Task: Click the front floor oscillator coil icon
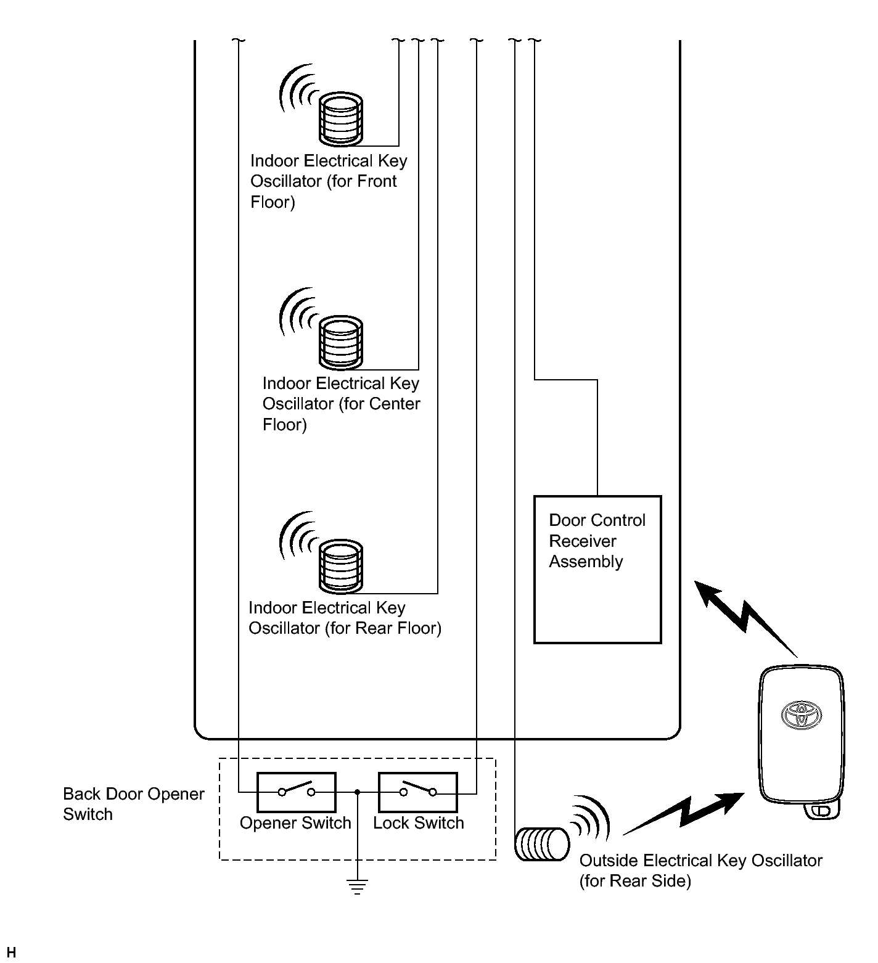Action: (x=340, y=118)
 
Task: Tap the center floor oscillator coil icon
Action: (x=341, y=342)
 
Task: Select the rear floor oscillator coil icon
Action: (x=341, y=565)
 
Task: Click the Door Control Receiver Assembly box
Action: (x=597, y=570)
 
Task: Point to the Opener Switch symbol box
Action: (x=296, y=792)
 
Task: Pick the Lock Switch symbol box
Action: (x=417, y=792)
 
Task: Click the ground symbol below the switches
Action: (x=357, y=886)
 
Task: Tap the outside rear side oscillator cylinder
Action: (x=542, y=845)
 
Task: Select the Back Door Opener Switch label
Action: (x=133, y=804)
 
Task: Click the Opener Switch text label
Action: (x=295, y=823)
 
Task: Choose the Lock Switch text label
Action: (x=418, y=823)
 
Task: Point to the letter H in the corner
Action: (x=11, y=953)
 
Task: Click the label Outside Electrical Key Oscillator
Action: (x=700, y=861)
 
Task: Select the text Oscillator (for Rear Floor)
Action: (x=345, y=628)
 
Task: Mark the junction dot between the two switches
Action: (x=358, y=792)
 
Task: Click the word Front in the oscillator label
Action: (x=377, y=181)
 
